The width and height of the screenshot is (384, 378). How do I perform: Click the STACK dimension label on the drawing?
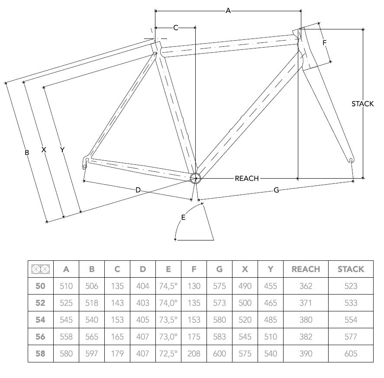pyautogui.click(x=363, y=104)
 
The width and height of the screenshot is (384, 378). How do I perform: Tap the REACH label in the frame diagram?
pyautogui.click(x=247, y=179)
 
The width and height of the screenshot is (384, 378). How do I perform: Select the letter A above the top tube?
pyautogui.click(x=228, y=11)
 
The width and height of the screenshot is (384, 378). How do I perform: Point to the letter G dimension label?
pyautogui.click(x=276, y=190)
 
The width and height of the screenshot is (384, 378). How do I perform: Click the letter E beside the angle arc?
pyautogui.click(x=183, y=217)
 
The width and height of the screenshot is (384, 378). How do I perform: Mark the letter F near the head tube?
pyautogui.click(x=325, y=43)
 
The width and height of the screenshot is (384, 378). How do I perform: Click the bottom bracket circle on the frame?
pyautogui.click(x=195, y=178)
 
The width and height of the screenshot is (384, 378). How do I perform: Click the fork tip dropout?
pyautogui.click(x=351, y=161)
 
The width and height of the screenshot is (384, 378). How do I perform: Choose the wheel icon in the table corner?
pyautogui.click(x=41, y=269)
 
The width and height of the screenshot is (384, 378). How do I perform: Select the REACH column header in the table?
pyautogui.click(x=306, y=269)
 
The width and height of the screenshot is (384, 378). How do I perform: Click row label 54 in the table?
pyautogui.click(x=40, y=320)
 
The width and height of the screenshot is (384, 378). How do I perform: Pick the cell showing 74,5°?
pyautogui.click(x=168, y=286)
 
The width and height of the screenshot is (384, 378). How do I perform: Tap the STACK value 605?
pyautogui.click(x=351, y=353)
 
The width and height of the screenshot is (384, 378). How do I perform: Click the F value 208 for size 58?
pyautogui.click(x=194, y=353)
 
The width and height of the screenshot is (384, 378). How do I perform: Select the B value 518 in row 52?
pyautogui.click(x=92, y=303)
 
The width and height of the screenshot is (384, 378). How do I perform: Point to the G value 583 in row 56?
pyautogui.click(x=219, y=336)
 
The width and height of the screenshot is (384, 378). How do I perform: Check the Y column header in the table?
pyautogui.click(x=271, y=269)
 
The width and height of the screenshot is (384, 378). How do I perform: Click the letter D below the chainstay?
pyautogui.click(x=138, y=190)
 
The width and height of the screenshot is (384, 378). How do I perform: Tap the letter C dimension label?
pyautogui.click(x=176, y=28)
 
